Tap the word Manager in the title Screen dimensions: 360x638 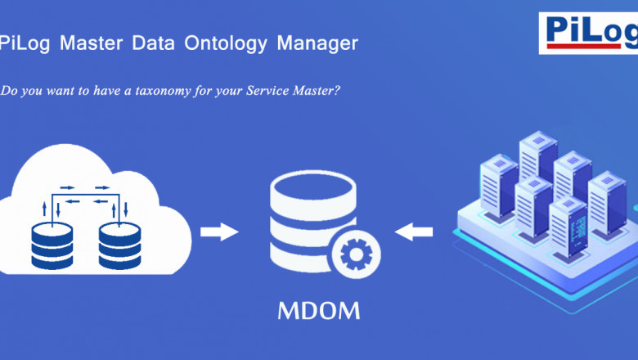tap(317, 43)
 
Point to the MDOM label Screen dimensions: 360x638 tap(318, 312)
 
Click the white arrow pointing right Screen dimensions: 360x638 tap(218, 232)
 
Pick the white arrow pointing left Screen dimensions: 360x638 tap(414, 232)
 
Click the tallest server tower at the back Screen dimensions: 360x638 tap(537, 155)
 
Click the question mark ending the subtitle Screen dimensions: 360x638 tap(337, 91)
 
